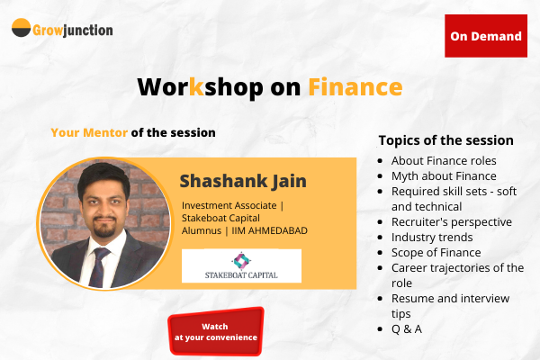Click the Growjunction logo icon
click(x=22, y=29)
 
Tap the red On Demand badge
click(x=486, y=36)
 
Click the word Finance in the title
click(x=355, y=86)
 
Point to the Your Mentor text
click(x=89, y=132)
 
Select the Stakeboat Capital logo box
click(x=241, y=265)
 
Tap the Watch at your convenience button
click(x=216, y=331)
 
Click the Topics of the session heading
click(x=446, y=140)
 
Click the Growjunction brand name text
click(x=74, y=30)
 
